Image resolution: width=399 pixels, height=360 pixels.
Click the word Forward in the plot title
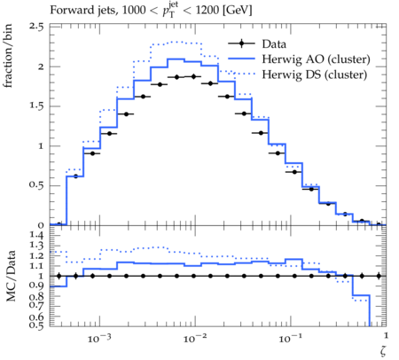click(x=68, y=10)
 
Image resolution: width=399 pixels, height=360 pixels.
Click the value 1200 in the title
click(x=207, y=10)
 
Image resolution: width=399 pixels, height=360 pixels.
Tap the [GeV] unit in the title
click(x=237, y=11)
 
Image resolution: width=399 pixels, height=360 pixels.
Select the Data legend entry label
click(x=274, y=44)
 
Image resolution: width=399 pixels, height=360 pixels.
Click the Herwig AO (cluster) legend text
click(x=316, y=59)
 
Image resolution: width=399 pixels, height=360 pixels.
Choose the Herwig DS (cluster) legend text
click(x=315, y=74)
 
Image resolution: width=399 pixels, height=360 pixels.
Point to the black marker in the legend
click(x=241, y=43)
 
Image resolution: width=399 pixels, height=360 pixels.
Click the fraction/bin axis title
click(x=8, y=56)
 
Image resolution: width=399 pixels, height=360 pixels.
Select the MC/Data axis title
click(x=11, y=276)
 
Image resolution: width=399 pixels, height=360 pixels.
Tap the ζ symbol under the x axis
click(x=383, y=351)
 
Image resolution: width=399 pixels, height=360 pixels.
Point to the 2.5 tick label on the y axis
click(x=36, y=27)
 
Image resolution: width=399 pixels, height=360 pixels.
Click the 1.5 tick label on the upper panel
click(x=36, y=106)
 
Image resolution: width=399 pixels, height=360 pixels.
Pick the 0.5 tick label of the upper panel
click(x=36, y=185)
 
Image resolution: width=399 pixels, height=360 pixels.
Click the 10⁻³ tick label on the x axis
click(x=99, y=338)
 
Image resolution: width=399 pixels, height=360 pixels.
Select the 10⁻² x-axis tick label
click(x=195, y=338)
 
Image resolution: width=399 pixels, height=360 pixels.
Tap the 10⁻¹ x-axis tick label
click(x=290, y=338)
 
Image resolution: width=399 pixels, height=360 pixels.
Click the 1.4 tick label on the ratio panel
click(x=36, y=236)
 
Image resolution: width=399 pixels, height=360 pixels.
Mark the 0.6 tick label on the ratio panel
click(x=36, y=317)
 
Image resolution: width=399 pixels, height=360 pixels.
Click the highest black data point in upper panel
click(x=194, y=76)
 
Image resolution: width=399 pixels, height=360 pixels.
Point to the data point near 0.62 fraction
click(x=75, y=176)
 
